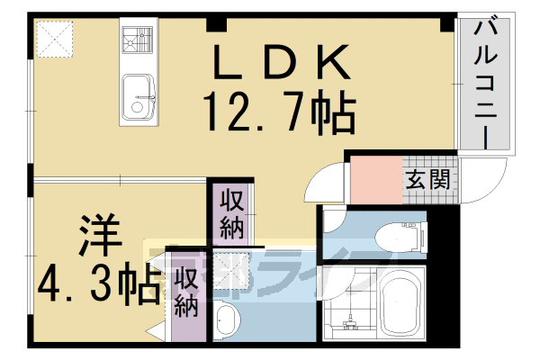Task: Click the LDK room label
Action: (279, 63)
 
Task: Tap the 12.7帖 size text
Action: (279, 112)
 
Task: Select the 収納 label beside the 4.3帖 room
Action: (186, 293)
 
